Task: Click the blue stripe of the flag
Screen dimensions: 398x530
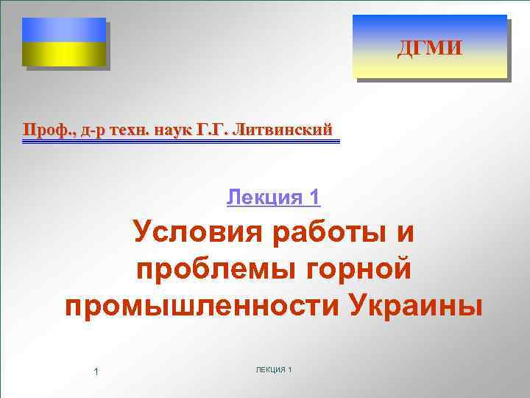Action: point(64,29)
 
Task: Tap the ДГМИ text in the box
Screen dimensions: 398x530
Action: point(430,49)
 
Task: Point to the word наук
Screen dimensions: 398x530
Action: point(173,130)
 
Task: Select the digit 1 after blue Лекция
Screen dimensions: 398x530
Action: point(314,197)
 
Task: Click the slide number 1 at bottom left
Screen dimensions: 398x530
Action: point(96,371)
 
